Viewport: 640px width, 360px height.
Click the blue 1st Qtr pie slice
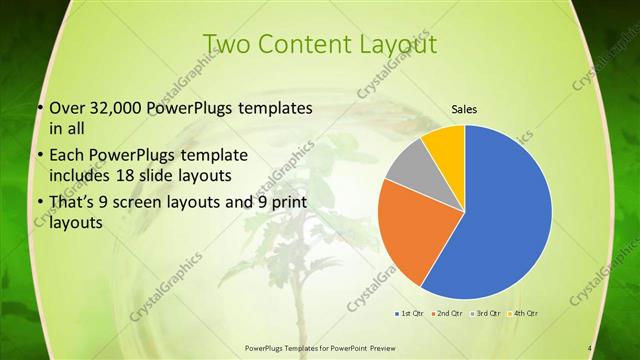pyautogui.click(x=505, y=215)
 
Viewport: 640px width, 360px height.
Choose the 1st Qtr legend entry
pyautogui.click(x=409, y=314)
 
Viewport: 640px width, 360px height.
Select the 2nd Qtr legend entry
pyautogui.click(x=446, y=314)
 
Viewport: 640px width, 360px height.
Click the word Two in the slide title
pyautogui.click(x=226, y=44)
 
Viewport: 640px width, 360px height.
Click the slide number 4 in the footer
pyautogui.click(x=590, y=348)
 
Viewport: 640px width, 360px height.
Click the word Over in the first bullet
pyautogui.click(x=68, y=108)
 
